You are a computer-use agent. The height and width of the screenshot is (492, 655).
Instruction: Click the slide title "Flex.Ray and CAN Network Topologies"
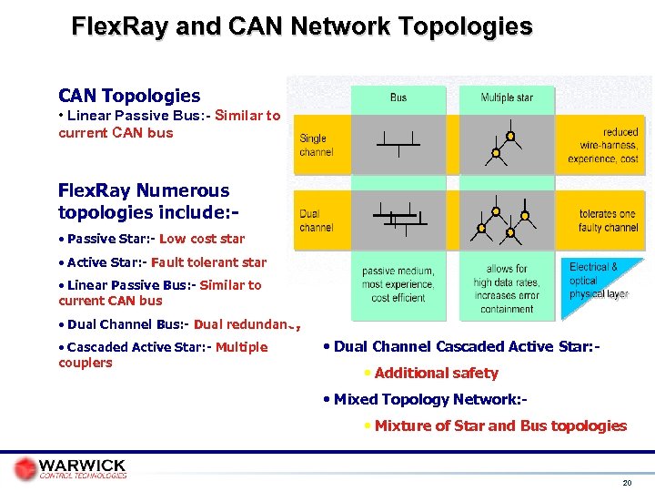(x=302, y=26)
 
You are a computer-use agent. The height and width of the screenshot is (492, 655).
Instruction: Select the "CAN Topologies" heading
(x=129, y=96)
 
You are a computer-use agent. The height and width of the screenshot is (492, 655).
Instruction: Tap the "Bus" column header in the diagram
(x=398, y=97)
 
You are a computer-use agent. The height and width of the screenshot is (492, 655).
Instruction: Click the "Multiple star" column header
(x=507, y=97)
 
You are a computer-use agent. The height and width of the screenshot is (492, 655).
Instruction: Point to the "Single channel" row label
(x=317, y=145)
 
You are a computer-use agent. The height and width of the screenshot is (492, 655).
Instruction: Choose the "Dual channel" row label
(x=317, y=220)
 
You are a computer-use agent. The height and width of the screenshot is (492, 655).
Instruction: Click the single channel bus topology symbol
(x=398, y=141)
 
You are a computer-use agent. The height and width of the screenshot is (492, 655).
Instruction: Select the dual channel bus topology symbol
(x=397, y=218)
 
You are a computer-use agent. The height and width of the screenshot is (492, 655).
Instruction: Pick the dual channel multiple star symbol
(x=506, y=220)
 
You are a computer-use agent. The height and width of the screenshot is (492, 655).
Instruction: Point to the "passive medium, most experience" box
(x=398, y=284)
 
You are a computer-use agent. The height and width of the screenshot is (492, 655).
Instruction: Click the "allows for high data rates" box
(x=507, y=288)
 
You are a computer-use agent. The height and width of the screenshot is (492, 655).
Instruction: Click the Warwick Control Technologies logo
(x=71, y=468)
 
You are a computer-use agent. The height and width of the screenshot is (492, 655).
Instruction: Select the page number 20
(x=626, y=482)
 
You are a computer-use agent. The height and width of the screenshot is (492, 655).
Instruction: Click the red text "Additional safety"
(x=436, y=373)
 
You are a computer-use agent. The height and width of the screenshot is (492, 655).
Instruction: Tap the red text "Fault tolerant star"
(x=209, y=262)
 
